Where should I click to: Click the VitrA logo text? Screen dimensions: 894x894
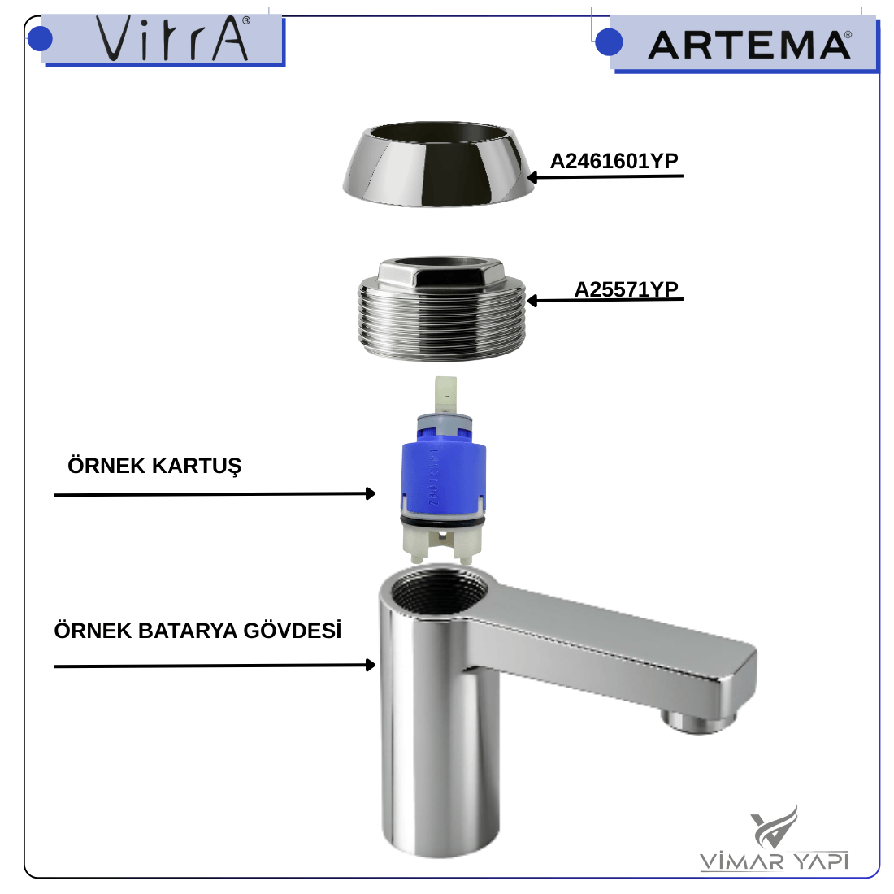pos(173,37)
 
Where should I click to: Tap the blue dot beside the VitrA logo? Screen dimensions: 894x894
pos(40,39)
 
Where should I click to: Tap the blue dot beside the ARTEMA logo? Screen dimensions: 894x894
pos(609,42)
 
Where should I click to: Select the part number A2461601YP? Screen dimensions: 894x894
pos(614,162)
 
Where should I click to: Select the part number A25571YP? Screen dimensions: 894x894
pos(626,289)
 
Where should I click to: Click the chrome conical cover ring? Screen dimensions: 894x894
pos(438,163)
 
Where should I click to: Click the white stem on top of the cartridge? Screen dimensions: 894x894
pos(445,396)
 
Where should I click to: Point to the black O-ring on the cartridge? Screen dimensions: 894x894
pos(442,520)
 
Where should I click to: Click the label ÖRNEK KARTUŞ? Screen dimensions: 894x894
pos(154,467)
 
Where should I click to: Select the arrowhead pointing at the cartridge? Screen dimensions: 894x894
pos(370,493)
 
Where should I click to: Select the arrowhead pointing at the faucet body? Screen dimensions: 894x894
pos(370,665)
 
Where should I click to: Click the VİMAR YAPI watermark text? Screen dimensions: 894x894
pos(774,861)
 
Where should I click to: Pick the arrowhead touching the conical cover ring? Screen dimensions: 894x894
pos(532,177)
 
